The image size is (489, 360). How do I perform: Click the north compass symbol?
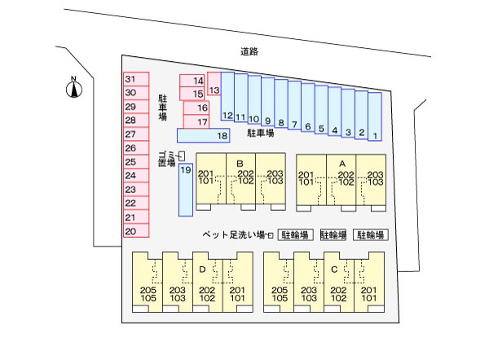tap(73, 88)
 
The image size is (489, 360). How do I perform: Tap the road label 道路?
tap(249, 51)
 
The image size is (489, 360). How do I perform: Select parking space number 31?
tap(130, 79)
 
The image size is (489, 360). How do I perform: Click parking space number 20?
tap(130, 231)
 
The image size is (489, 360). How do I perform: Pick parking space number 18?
tap(222, 135)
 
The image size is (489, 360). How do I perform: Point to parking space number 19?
tap(186, 170)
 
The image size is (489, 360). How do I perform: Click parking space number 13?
tap(214, 90)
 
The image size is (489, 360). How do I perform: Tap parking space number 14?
tap(197, 81)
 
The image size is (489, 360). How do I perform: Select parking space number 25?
tap(130, 162)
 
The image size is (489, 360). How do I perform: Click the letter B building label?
tap(240, 164)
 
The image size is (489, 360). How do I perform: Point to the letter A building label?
tap(341, 164)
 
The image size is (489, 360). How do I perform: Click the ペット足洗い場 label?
tap(236, 235)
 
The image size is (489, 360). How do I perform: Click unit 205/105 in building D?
tap(148, 293)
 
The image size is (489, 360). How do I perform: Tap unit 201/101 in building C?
tap(368, 293)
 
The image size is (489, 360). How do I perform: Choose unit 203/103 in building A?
tap(375, 178)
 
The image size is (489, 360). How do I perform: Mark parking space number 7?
tap(294, 125)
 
